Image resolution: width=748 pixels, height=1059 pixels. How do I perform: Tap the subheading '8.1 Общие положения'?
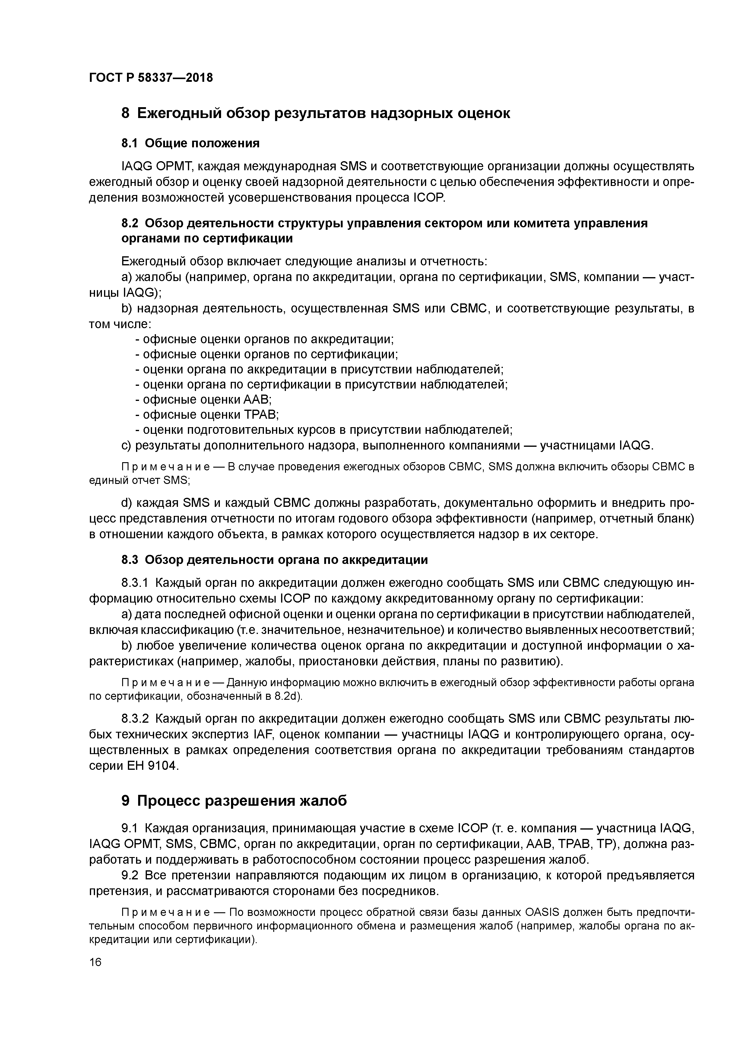click(190, 143)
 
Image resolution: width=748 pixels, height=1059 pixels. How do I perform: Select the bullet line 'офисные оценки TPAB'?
click(207, 415)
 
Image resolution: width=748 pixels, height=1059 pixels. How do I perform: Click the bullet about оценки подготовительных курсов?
click(324, 430)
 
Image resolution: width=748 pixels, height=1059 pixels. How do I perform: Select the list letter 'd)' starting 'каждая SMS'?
click(126, 503)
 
